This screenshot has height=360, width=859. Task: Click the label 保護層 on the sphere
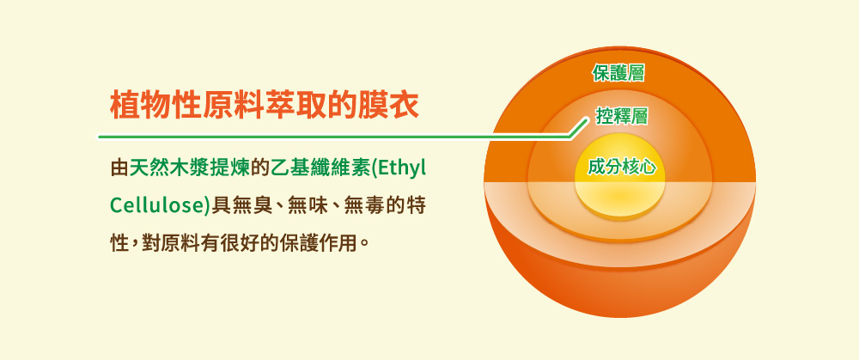(618, 73)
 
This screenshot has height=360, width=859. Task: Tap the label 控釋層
(622, 116)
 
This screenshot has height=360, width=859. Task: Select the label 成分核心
(622, 167)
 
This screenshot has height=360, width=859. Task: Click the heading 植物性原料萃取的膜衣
(265, 105)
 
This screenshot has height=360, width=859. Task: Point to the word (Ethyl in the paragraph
(399, 168)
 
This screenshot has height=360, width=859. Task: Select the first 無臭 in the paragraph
(250, 205)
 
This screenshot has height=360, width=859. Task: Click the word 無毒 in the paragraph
(373, 205)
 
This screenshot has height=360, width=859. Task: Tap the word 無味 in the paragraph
(311, 205)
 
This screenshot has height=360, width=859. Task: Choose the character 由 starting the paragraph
(119, 168)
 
